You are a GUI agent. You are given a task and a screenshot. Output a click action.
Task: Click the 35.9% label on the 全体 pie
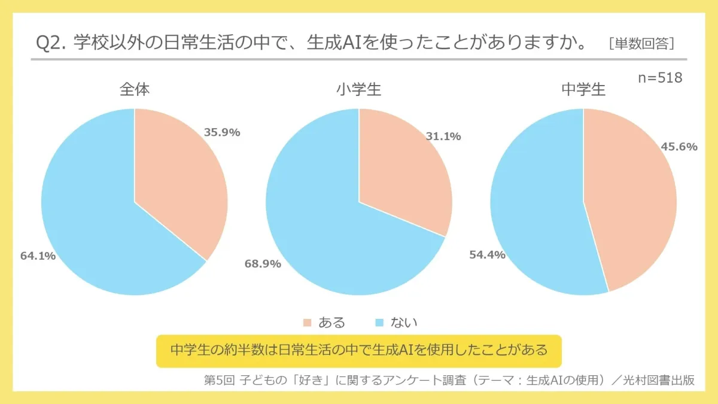pos(221,132)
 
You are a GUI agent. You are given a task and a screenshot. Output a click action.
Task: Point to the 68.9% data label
pos(262,263)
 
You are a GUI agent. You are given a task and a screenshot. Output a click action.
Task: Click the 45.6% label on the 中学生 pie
pos(679,147)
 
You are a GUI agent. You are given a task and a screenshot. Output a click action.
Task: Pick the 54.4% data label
pos(486,254)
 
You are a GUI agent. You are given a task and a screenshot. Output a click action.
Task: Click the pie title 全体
pos(135,90)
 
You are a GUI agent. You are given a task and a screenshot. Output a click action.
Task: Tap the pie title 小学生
pos(358,90)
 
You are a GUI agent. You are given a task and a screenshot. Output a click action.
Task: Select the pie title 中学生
pos(583,90)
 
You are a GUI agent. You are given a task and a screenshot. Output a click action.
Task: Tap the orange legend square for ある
pos(308,323)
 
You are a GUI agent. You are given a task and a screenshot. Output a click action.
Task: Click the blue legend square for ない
pos(379,323)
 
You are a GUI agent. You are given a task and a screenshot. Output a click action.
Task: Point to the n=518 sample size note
pos(660,78)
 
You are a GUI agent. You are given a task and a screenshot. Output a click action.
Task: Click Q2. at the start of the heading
pos(50,43)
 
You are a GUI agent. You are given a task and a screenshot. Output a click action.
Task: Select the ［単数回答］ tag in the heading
pos(641,44)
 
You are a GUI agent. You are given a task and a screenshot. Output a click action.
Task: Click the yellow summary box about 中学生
pos(358,350)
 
